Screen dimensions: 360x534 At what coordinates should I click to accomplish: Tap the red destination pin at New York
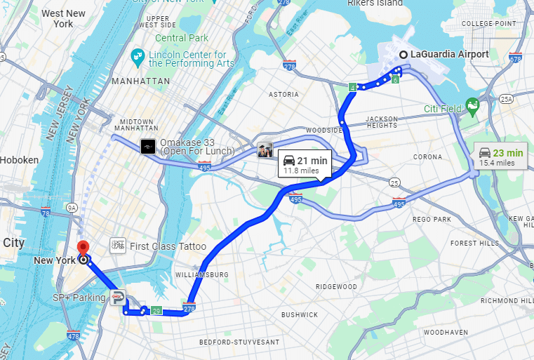click(84, 248)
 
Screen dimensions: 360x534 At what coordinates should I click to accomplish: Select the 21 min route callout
click(305, 163)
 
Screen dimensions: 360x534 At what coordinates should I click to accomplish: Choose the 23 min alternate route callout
click(501, 156)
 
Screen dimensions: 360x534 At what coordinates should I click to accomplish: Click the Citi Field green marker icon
click(473, 107)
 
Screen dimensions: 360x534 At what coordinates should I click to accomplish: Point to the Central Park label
click(182, 38)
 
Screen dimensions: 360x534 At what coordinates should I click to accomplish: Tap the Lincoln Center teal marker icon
click(138, 56)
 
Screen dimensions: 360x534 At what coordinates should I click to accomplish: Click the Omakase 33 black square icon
click(148, 146)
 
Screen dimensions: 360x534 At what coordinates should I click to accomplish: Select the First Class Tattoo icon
click(118, 246)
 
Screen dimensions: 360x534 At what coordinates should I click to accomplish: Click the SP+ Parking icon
click(118, 298)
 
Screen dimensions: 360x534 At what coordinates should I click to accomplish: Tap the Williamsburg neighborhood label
click(202, 274)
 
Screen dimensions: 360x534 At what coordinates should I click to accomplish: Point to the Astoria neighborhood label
click(283, 93)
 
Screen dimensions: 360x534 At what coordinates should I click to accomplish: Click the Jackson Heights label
click(382, 122)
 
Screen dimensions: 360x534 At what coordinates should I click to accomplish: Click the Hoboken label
click(20, 160)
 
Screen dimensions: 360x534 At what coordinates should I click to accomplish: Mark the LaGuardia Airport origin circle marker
click(403, 55)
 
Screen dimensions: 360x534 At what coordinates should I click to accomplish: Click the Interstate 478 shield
click(74, 335)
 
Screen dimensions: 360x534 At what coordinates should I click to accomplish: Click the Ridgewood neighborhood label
click(336, 286)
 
